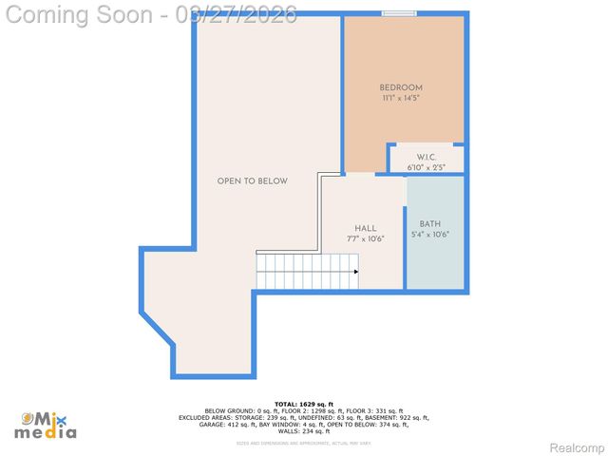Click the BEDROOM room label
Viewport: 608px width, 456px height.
(x=401, y=88)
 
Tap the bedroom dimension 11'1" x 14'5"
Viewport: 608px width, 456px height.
(x=401, y=98)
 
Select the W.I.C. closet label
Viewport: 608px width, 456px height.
(x=426, y=158)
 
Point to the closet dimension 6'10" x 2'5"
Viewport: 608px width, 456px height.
(x=426, y=167)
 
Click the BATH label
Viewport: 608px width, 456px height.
(x=430, y=224)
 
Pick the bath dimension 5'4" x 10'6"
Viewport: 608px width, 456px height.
(x=430, y=235)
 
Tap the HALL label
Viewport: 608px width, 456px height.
(x=366, y=228)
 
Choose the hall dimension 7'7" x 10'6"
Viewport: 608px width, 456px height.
(x=366, y=238)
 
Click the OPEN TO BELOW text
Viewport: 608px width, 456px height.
(x=252, y=181)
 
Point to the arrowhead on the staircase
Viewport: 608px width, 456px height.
(x=355, y=272)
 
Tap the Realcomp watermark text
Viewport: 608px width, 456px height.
(x=578, y=447)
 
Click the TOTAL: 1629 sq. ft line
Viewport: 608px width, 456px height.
(x=304, y=404)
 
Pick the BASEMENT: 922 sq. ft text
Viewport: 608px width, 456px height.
(x=397, y=417)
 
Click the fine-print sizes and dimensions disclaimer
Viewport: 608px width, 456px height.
(x=304, y=443)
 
